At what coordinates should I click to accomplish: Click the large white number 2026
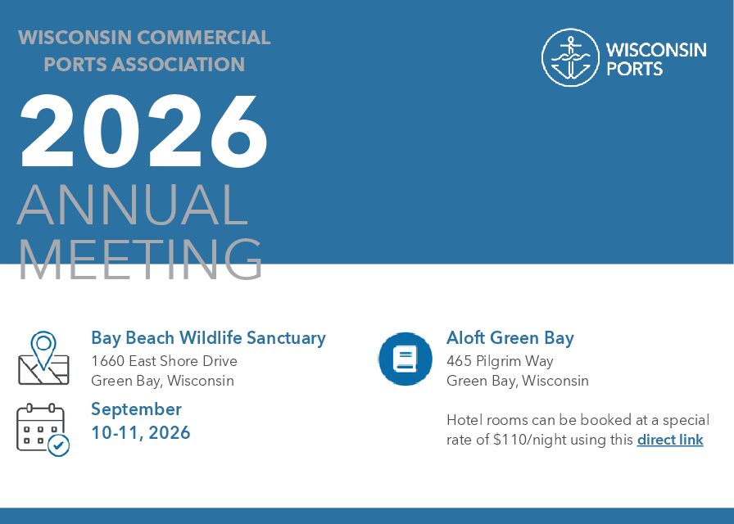(x=143, y=132)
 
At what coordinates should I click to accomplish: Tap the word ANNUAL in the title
(x=133, y=205)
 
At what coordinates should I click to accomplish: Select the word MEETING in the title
(x=140, y=259)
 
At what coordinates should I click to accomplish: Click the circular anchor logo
(x=570, y=57)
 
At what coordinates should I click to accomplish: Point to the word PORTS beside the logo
(x=634, y=69)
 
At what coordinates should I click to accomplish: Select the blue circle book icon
(x=406, y=359)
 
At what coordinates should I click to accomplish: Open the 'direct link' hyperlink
(x=670, y=440)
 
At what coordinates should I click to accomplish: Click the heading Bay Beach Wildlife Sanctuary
(x=208, y=338)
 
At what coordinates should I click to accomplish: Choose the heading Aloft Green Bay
(x=510, y=338)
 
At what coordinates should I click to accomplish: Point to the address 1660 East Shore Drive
(x=164, y=361)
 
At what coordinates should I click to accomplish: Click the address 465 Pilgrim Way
(x=500, y=361)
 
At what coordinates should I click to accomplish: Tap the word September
(x=136, y=409)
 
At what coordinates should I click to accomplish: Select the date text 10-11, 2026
(x=140, y=433)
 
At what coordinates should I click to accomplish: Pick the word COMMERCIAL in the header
(x=204, y=38)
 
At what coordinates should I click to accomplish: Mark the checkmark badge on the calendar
(x=59, y=446)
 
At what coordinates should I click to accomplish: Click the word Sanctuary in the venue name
(x=286, y=338)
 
